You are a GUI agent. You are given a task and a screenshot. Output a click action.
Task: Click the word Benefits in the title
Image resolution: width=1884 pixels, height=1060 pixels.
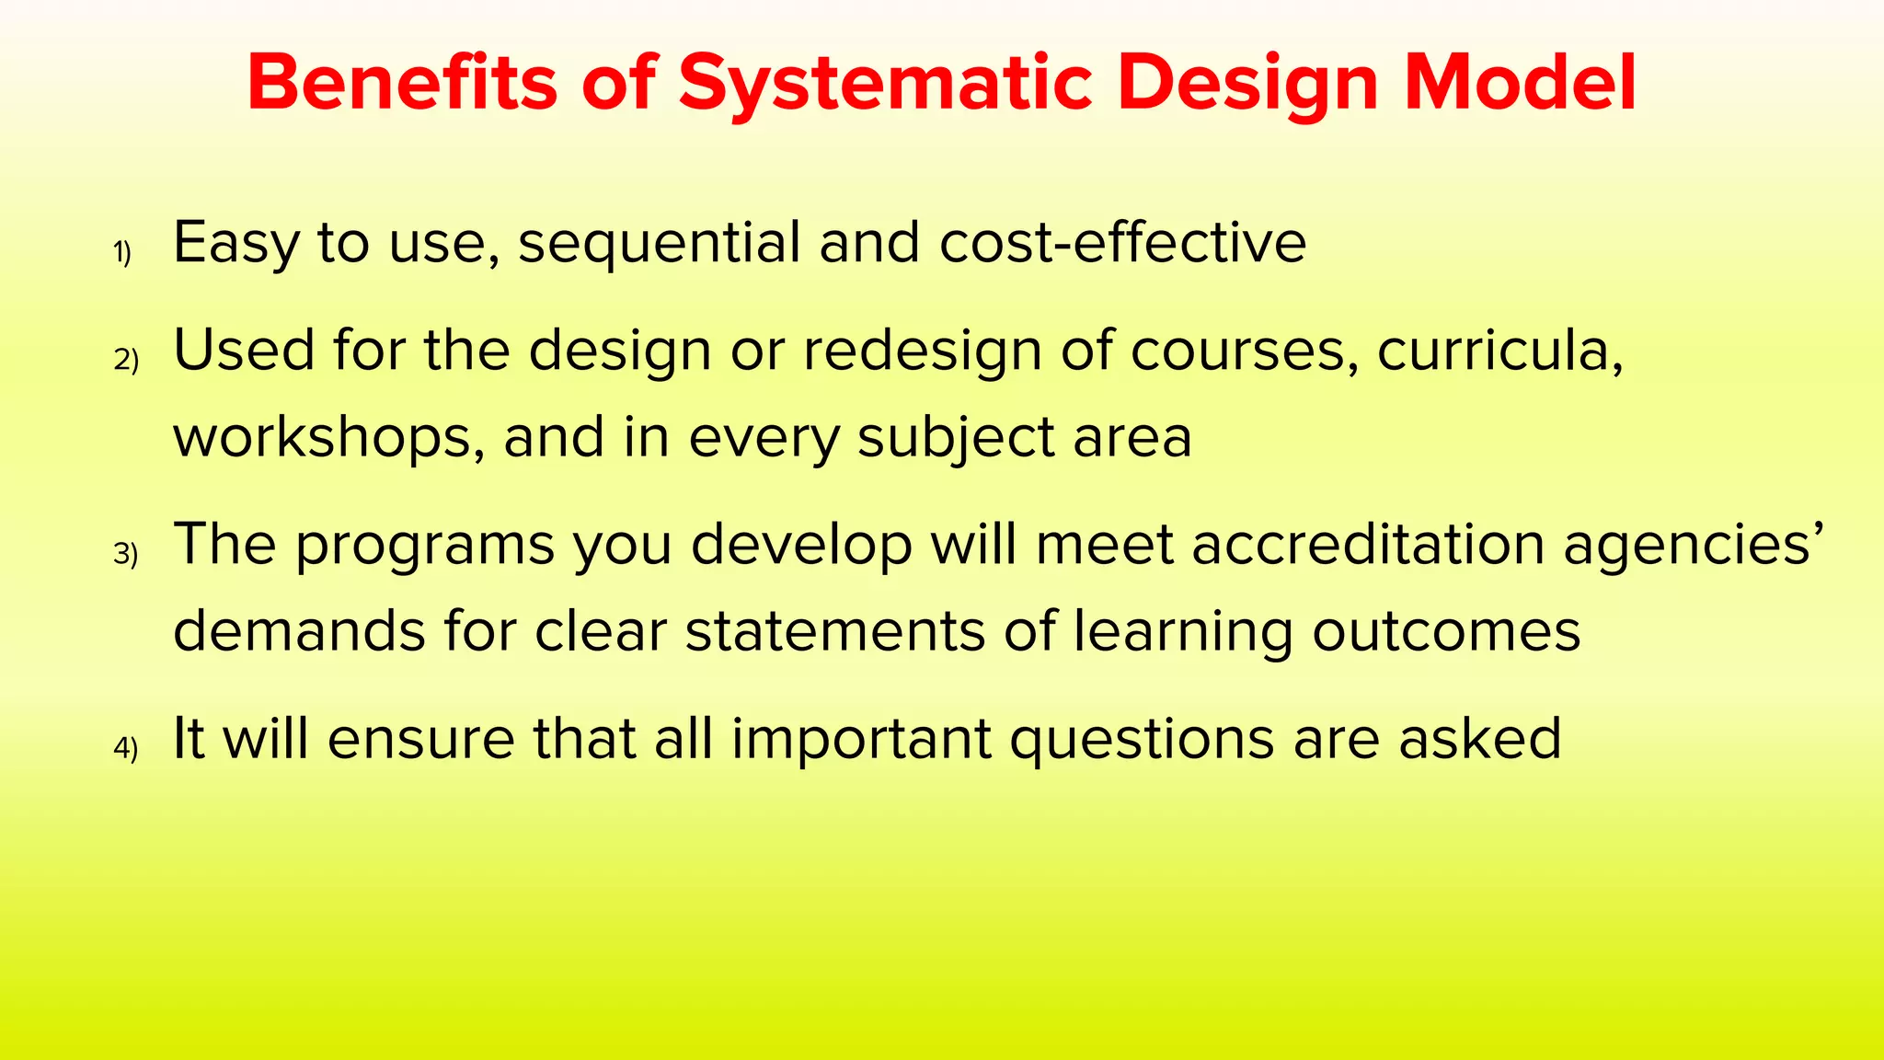[x=402, y=83]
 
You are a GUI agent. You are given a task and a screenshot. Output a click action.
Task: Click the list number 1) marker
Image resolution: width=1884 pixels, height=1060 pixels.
[x=122, y=252]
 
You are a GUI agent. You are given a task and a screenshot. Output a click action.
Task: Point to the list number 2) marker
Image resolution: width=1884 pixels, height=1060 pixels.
[x=126, y=360]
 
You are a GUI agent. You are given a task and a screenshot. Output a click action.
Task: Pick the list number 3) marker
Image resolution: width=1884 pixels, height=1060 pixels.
[x=126, y=554]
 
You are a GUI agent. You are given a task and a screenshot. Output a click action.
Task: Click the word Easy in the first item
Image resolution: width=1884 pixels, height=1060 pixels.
[x=236, y=244]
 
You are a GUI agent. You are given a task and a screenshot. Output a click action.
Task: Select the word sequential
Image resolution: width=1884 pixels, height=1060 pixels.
[x=660, y=244]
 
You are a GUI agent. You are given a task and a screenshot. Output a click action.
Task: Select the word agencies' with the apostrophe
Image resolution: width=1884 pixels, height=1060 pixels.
[x=1693, y=545]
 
